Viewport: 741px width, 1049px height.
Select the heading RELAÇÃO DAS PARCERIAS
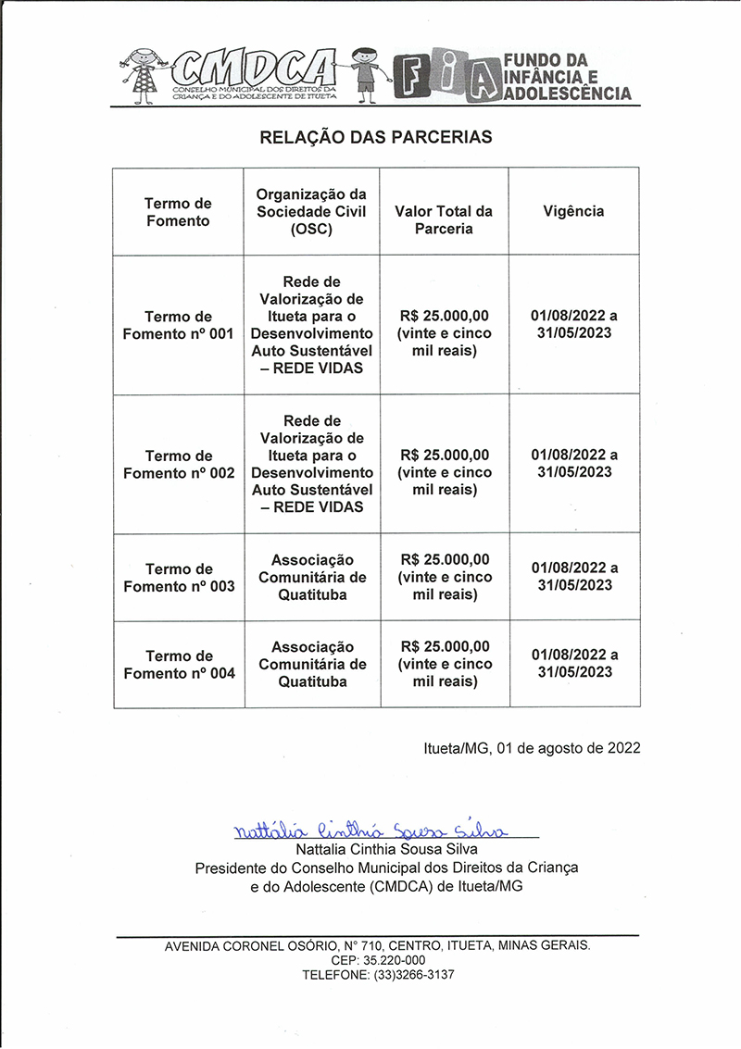click(x=376, y=137)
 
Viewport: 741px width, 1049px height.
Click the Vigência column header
click(x=573, y=211)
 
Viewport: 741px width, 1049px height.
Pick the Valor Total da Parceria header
click(x=444, y=219)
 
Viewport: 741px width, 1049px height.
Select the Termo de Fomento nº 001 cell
click(x=179, y=325)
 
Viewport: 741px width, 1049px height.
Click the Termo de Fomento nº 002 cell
click(x=179, y=464)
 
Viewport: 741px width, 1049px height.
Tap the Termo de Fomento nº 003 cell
click(x=179, y=578)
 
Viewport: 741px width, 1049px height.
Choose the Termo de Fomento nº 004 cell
click(x=179, y=665)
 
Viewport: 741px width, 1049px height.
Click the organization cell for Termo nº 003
click(x=312, y=578)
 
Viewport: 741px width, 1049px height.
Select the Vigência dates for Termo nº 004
click(x=574, y=663)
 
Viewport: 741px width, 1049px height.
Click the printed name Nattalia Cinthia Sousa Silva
click(x=386, y=849)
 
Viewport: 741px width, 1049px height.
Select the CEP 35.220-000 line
click(x=377, y=960)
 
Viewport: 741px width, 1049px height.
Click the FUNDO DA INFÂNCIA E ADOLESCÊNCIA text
click(x=567, y=77)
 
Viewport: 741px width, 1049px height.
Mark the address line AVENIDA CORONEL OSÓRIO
click(x=377, y=945)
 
